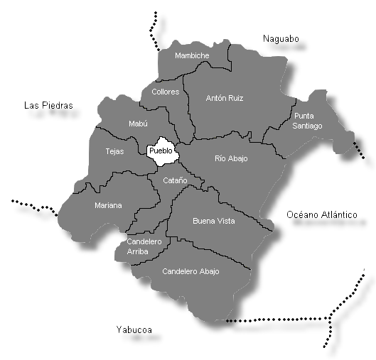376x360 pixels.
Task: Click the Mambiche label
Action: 192,55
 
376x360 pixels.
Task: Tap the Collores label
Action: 165,92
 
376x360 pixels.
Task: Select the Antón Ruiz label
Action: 224,98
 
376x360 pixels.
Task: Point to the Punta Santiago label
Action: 307,121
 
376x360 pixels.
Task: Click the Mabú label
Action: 138,124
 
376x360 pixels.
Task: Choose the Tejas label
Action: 114,151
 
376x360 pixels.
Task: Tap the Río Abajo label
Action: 231,158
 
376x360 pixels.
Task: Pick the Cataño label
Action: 175,181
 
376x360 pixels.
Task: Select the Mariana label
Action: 108,205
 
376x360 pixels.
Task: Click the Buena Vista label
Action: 213,221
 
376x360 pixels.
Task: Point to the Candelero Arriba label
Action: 144,246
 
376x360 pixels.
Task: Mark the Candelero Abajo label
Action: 190,271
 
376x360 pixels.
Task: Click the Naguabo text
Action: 281,38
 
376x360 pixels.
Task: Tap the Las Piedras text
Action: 48,105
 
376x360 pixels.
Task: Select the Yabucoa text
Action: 134,329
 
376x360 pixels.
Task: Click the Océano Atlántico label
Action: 321,214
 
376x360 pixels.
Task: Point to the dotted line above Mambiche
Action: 154,32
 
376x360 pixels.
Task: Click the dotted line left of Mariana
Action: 36,205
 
